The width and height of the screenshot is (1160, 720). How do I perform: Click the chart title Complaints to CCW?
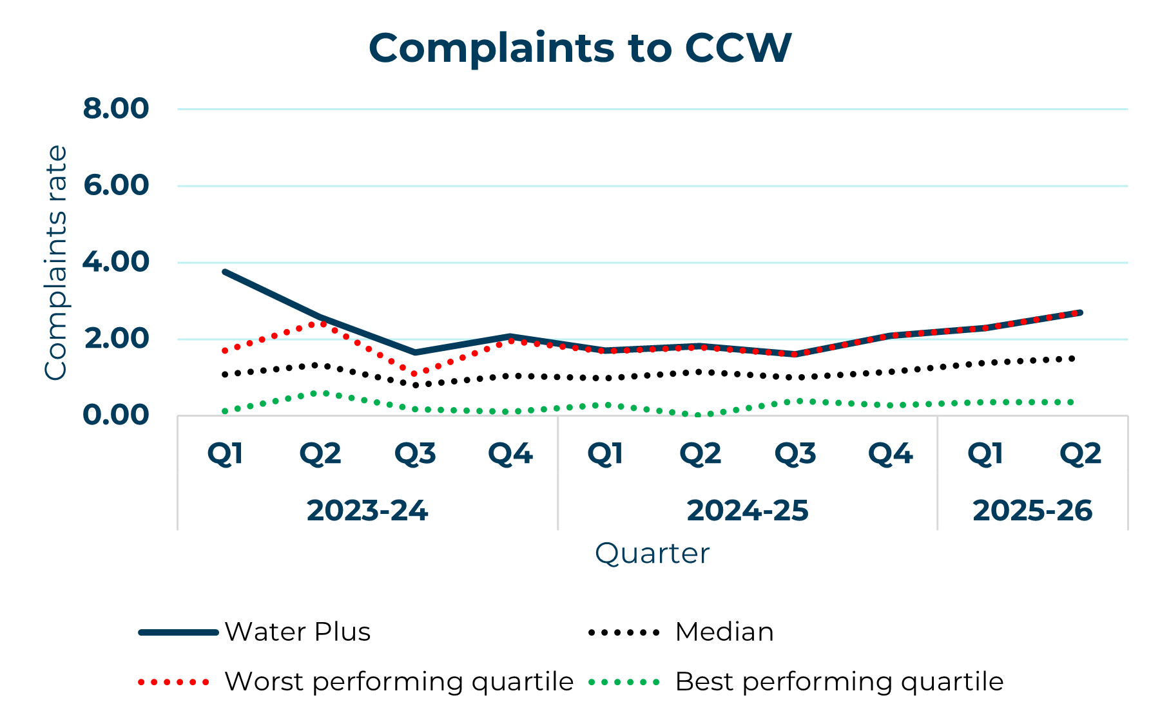coord(579,48)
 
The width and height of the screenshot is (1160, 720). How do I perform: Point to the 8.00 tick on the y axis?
coord(116,109)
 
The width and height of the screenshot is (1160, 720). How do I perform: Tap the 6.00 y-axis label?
coord(116,185)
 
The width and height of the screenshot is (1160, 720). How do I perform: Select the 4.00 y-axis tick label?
coord(116,262)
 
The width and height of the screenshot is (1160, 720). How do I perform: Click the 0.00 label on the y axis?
coord(116,415)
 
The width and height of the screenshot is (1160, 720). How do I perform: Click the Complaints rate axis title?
coord(56,262)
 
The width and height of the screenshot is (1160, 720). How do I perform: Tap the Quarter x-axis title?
coord(652,553)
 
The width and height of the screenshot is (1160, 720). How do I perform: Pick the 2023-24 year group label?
coord(367,511)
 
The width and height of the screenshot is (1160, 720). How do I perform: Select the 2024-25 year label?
coord(747,511)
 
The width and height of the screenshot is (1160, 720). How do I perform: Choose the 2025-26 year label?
coord(1032,511)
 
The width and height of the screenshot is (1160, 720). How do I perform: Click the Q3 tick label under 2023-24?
coord(415,454)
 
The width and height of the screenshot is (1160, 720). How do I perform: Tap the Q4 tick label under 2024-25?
coord(890,454)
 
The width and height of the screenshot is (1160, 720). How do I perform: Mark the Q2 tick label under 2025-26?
coord(1080,454)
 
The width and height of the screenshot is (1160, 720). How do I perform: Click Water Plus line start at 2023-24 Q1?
coord(225,272)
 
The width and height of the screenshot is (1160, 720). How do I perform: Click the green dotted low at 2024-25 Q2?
coord(699,415)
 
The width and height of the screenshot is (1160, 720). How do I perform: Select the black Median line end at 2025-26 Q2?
coord(1072,359)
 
